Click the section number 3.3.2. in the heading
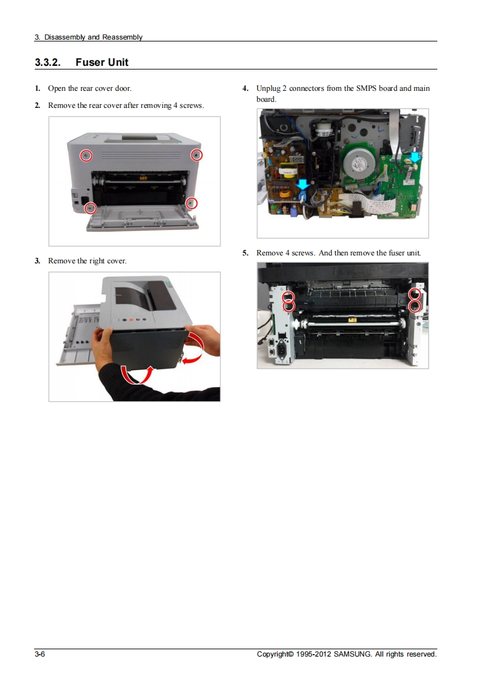click(48, 62)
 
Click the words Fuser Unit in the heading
click(102, 62)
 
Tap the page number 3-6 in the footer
click(40, 654)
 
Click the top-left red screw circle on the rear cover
click(86, 155)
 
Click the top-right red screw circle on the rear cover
click(197, 154)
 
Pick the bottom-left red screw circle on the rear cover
click(90, 208)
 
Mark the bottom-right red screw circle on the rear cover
click(191, 203)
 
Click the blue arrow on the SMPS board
click(303, 185)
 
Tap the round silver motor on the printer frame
click(359, 164)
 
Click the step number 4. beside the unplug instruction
click(245, 88)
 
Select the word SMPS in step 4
click(366, 88)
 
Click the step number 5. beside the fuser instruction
click(245, 253)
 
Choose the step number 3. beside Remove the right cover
click(38, 261)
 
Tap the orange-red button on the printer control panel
click(131, 320)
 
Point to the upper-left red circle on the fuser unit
click(289, 297)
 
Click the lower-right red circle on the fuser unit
click(415, 306)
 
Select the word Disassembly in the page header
click(65, 38)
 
